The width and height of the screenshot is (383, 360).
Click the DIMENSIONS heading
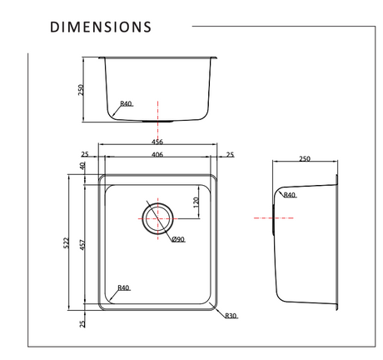101,27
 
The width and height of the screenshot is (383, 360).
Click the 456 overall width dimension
157,142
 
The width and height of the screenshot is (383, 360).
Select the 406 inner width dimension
157,154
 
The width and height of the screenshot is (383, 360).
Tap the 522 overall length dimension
66,242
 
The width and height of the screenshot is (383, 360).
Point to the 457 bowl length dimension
82,245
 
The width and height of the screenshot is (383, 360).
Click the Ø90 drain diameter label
178,239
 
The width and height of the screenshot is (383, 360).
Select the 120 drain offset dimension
196,202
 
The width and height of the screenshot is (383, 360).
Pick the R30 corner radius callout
231,316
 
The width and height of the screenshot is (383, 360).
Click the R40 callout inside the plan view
123,287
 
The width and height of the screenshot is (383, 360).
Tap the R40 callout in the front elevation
126,103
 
